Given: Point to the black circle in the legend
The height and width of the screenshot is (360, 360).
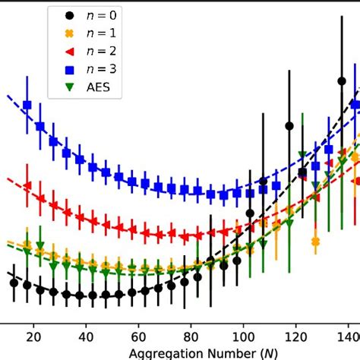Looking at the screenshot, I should point(70,14).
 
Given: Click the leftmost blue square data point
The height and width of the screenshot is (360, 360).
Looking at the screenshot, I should point(27,106).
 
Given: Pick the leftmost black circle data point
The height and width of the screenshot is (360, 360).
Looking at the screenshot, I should point(14,283).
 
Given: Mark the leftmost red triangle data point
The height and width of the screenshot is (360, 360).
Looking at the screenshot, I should point(27,185).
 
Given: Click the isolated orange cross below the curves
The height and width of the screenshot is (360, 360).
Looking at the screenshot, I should point(316,242).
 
